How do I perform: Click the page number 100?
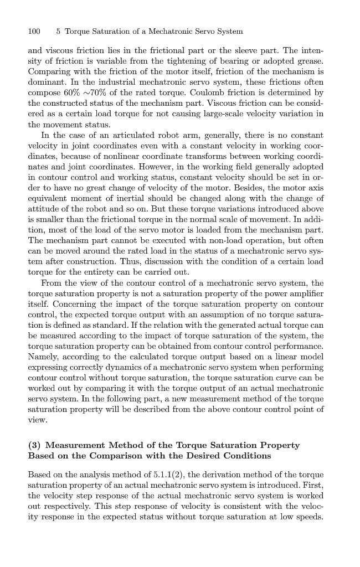pyautogui.click(x=34, y=31)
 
